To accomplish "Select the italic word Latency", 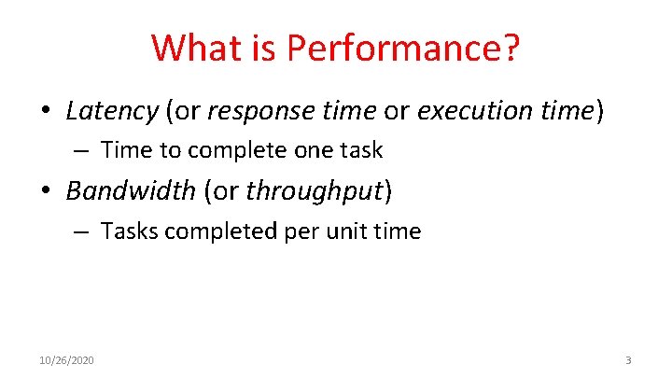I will click(x=112, y=111).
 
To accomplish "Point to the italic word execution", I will click(x=472, y=112).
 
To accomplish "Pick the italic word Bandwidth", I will click(x=130, y=191).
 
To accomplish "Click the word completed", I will click(x=216, y=231).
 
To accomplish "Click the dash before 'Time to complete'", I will click(x=83, y=150).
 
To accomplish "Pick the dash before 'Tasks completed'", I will click(x=83, y=231).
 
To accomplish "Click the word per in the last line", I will click(x=299, y=231).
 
